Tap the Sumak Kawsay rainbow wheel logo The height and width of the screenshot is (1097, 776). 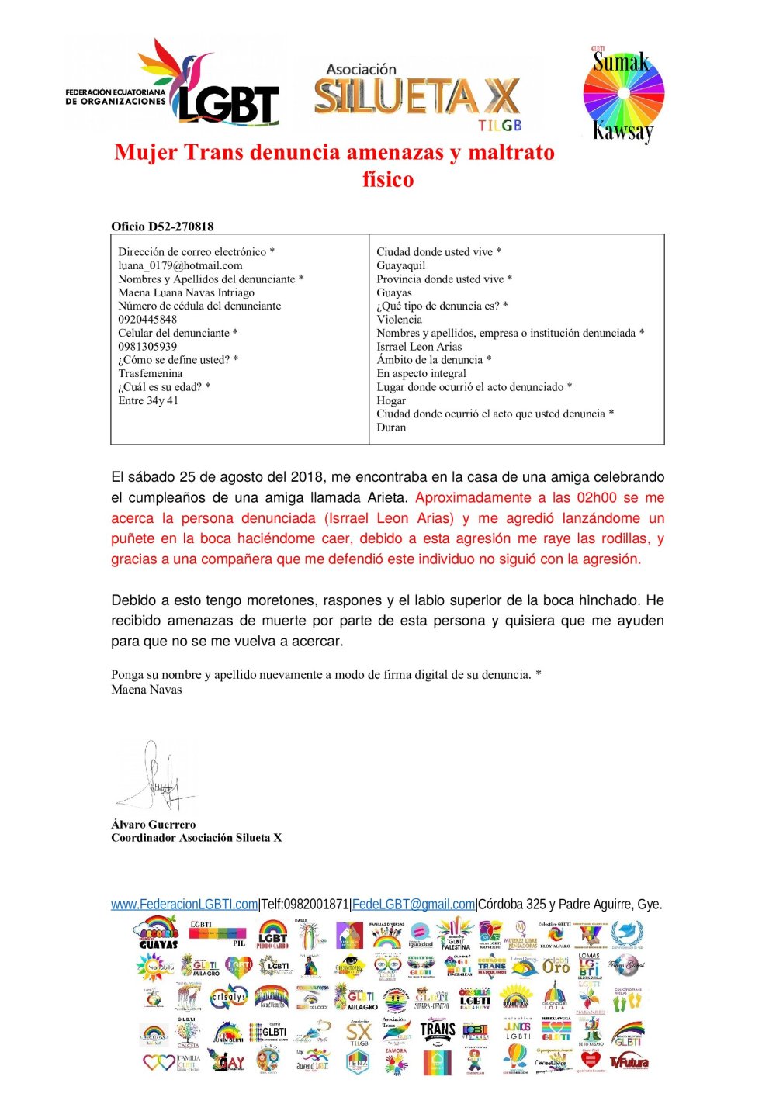[x=623, y=95]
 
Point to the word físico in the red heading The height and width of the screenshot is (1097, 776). [x=388, y=179]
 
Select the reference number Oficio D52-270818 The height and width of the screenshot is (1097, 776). [x=162, y=227]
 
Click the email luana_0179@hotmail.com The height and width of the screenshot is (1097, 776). [x=180, y=265]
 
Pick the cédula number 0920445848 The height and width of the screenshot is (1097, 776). [x=147, y=319]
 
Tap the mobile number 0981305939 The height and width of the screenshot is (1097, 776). [x=147, y=346]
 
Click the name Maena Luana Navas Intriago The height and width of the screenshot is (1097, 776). [x=186, y=292]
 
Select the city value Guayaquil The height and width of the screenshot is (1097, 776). [x=400, y=265]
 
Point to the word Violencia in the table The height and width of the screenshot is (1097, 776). [x=400, y=319]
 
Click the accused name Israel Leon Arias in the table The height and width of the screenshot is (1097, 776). [x=419, y=346]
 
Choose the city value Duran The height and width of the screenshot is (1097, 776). [x=391, y=427]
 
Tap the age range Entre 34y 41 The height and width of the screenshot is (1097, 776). [x=148, y=400]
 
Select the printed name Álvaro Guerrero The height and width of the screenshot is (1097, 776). [x=154, y=824]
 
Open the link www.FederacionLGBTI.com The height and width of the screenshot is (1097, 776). [x=184, y=904]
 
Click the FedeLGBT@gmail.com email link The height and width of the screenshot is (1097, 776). [x=413, y=904]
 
